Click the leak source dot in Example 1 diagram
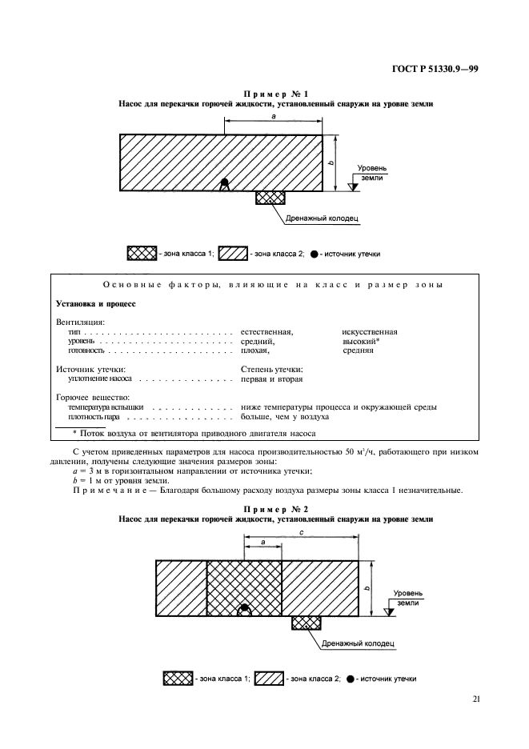pos(226,184)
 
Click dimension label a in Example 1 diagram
pos(274,115)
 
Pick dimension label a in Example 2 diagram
pos(262,542)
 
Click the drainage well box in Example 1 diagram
pos(271,197)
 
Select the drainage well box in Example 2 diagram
pos(307,623)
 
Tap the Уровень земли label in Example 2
pos(407,598)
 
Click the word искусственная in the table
pos(370,330)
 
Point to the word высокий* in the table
pos(361,341)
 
